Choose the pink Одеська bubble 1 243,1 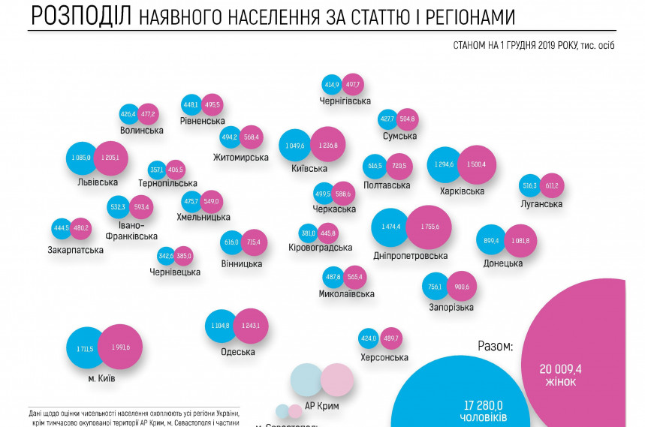point(251,325)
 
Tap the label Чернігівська point(345,101)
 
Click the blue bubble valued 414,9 point(332,84)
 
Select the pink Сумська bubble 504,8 point(408,119)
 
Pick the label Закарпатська point(74,250)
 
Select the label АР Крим point(322,406)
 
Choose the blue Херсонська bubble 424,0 point(368,338)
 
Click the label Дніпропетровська point(410,255)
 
